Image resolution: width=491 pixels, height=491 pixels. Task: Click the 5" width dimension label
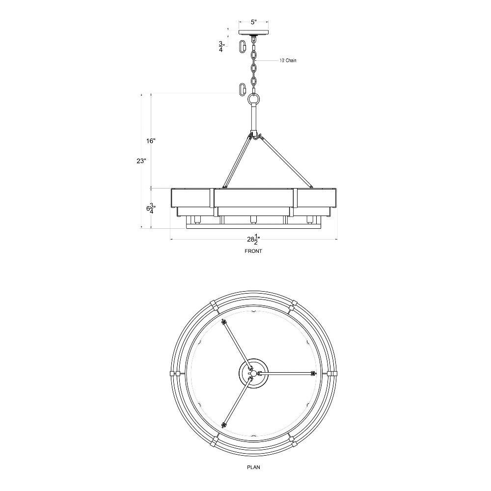coord(254,22)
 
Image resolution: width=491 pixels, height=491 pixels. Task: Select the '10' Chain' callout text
coord(288,60)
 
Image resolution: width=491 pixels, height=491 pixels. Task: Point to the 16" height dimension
coord(151,141)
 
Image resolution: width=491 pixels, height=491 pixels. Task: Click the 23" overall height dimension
coord(141,161)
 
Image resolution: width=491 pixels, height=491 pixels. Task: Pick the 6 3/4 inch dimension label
coord(151,208)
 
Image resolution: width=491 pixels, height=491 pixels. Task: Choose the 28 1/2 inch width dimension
coord(254,239)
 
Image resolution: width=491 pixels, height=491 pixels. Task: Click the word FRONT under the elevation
coord(253,251)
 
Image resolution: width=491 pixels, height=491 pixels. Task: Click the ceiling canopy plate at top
coord(254,32)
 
